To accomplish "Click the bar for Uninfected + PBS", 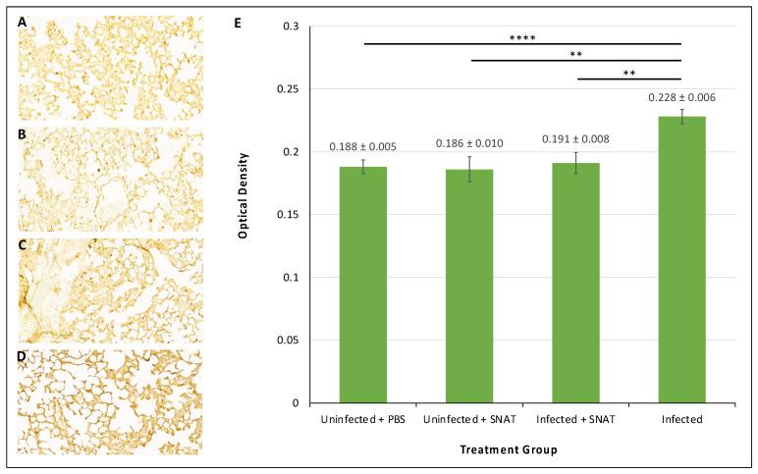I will click(363, 285).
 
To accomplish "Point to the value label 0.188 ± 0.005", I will click(363, 147).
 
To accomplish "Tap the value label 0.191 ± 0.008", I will click(575, 138).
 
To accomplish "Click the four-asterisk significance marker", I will click(522, 37).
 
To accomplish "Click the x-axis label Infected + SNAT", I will click(575, 419).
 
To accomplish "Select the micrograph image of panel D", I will click(110, 401).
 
